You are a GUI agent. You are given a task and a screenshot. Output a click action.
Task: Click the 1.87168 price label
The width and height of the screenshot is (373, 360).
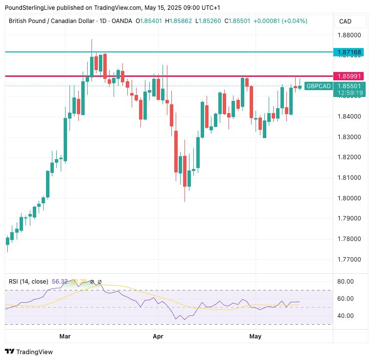point(349,52)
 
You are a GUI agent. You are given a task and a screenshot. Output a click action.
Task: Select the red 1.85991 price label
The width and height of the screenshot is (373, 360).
point(349,76)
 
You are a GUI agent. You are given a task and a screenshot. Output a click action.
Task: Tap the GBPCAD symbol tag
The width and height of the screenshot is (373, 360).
point(318,86)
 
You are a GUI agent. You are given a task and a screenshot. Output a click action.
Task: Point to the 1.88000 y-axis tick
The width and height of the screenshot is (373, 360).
point(349,35)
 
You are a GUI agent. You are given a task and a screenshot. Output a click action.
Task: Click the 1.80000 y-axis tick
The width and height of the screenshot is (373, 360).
point(349,198)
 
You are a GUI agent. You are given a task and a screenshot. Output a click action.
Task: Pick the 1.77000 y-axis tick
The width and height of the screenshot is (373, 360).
point(349,259)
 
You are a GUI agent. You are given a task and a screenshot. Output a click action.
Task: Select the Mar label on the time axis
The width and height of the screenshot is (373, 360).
point(65,336)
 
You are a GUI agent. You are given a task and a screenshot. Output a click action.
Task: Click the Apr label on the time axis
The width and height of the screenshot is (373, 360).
point(158,336)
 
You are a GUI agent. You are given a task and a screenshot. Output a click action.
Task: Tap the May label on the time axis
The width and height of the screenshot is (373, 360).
point(255,336)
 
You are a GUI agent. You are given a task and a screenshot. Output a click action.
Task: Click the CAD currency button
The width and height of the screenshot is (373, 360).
point(345,21)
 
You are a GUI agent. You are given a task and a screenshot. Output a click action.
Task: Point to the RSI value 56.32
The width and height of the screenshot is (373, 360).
point(59,282)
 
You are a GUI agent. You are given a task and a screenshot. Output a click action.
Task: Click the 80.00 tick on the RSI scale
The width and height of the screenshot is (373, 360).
point(346,282)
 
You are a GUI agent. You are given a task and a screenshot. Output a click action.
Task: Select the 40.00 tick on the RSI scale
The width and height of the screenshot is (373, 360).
point(346,315)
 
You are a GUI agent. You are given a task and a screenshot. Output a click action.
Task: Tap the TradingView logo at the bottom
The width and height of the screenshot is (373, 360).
point(29,352)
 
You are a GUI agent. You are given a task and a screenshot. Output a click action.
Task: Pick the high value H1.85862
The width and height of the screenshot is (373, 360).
point(179,21)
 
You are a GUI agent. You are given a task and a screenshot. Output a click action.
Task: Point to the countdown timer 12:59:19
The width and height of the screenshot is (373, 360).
point(349,93)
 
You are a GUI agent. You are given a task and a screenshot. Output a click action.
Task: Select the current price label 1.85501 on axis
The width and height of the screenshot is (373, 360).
point(349,86)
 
